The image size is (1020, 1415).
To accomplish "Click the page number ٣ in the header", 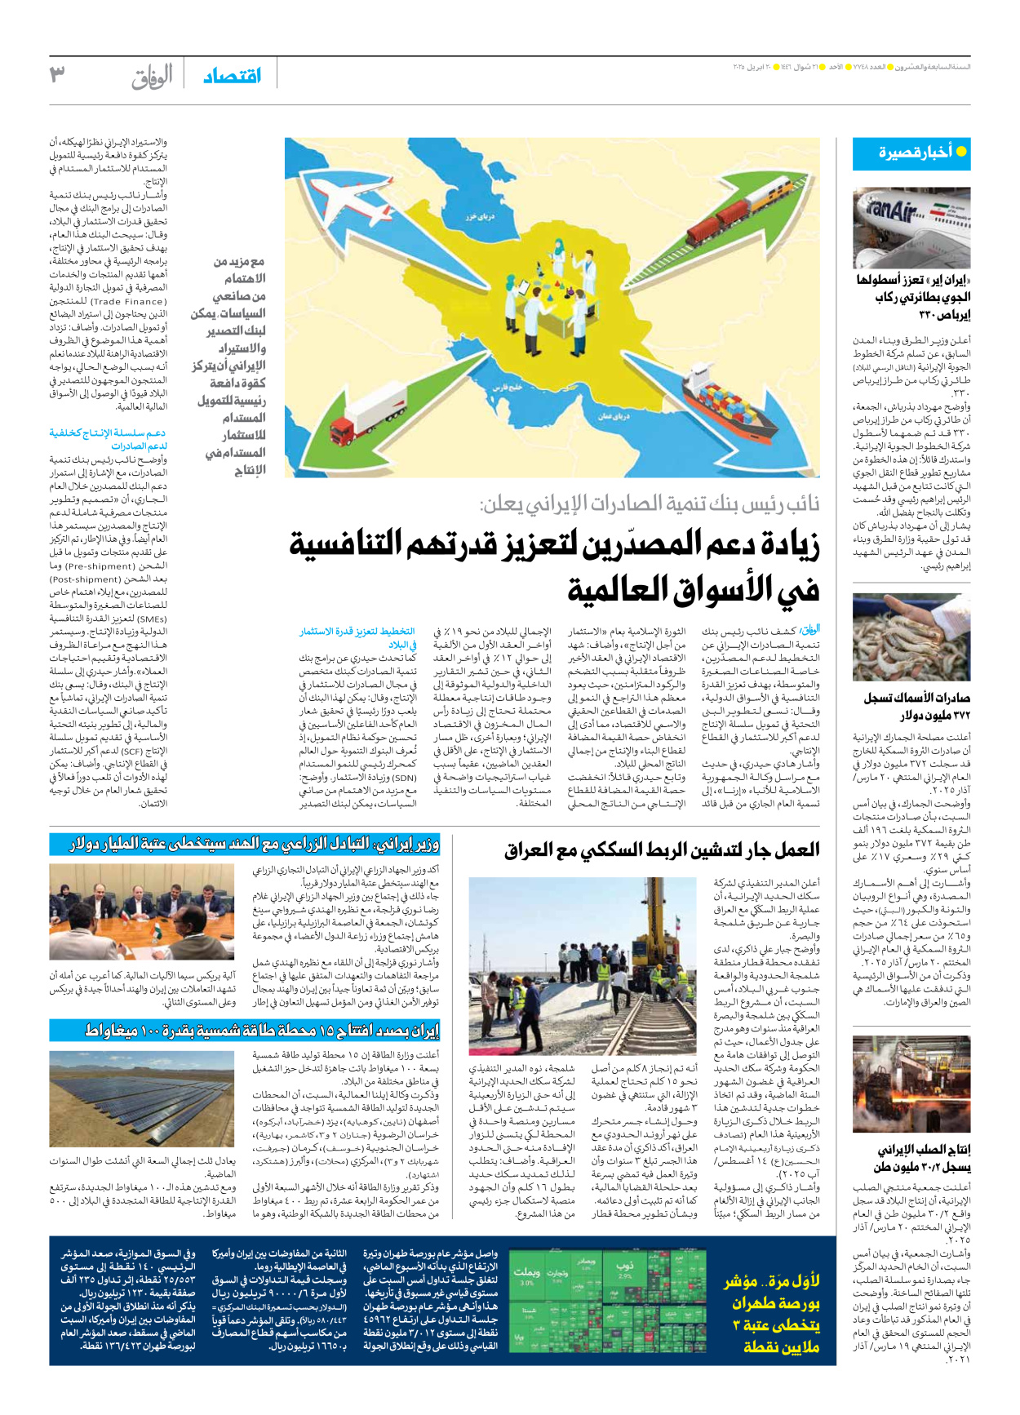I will (58, 75).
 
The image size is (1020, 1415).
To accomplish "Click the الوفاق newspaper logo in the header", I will (153, 77).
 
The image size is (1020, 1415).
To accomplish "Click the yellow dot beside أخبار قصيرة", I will (961, 152).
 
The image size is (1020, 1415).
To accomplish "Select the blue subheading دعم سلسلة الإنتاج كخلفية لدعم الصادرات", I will (108, 439).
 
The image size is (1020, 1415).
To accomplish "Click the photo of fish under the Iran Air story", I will (911, 637).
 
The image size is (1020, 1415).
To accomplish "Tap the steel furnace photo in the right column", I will (911, 1083).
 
